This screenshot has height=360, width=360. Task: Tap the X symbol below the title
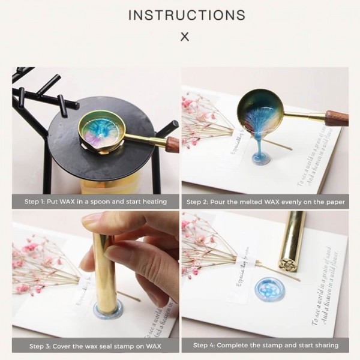185,37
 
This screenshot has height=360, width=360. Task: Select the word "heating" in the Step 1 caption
152,202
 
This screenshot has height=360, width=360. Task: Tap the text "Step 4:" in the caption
208,346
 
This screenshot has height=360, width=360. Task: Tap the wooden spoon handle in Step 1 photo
172,143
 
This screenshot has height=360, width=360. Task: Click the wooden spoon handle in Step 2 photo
336,118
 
